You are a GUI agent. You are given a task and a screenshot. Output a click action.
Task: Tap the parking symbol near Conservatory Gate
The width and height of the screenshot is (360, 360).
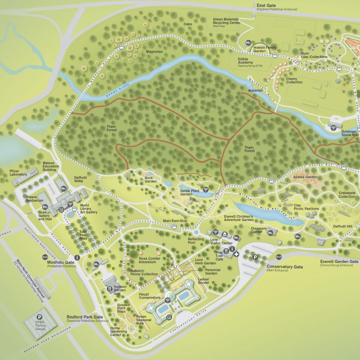[255, 258]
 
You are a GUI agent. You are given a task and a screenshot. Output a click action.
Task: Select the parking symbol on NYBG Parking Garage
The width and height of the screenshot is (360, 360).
[40, 317]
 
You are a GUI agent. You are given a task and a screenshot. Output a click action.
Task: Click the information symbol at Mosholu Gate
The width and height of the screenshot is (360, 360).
[77, 258]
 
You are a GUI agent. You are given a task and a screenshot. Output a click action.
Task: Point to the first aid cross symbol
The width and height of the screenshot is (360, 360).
[236, 254]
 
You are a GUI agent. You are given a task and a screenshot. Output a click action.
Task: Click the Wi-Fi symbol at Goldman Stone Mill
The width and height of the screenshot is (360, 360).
[333, 128]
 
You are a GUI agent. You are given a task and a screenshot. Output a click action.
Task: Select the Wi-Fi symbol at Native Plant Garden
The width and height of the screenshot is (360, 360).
[206, 189]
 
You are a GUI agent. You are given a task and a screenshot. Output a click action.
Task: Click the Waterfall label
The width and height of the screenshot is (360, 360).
[255, 90]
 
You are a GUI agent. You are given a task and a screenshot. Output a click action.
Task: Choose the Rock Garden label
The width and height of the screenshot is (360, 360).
[149, 180]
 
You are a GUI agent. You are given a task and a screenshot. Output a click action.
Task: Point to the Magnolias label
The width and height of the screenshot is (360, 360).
[154, 52]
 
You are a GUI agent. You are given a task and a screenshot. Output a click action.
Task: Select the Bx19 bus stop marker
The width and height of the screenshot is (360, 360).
[279, 256]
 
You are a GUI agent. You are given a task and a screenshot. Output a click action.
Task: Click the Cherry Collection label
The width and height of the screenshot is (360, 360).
[294, 80]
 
